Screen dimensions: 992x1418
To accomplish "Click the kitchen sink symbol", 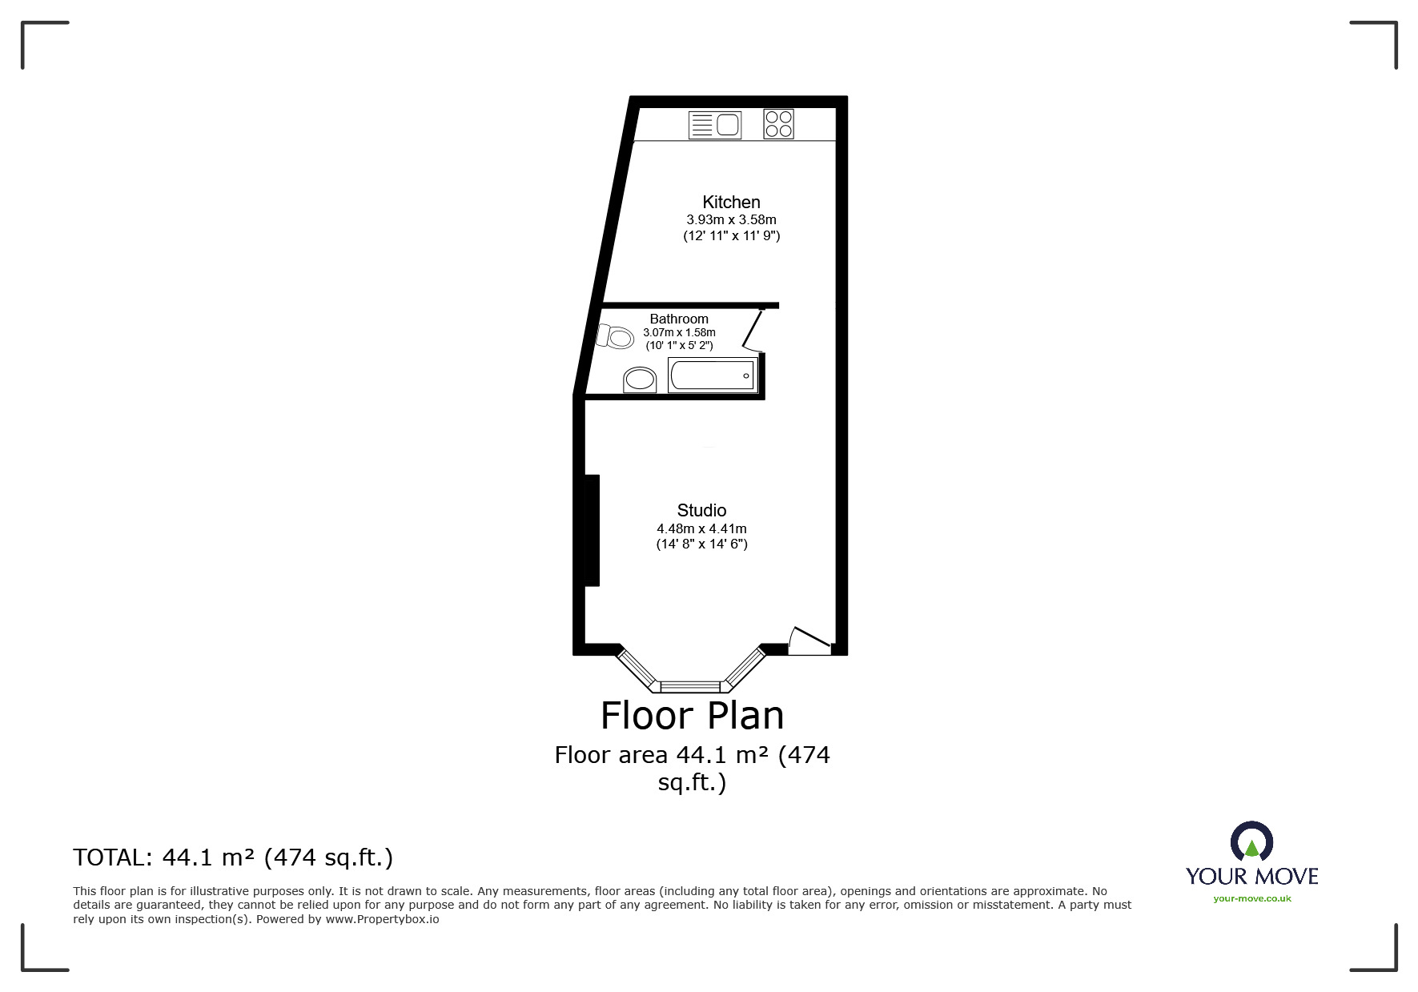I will pyautogui.click(x=715, y=125).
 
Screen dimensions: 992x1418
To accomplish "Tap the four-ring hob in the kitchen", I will pyautogui.click(x=778, y=124).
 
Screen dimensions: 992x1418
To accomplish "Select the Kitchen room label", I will pyautogui.click(x=731, y=202).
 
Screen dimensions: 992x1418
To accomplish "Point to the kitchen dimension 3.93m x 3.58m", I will pyautogui.click(x=731, y=219).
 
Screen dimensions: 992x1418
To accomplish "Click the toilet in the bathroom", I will pyautogui.click(x=615, y=335).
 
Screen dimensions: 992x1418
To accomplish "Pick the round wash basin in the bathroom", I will pyautogui.click(x=640, y=379).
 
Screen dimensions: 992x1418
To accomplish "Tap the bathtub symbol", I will pyautogui.click(x=712, y=375).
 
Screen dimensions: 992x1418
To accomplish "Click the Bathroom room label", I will pyautogui.click(x=679, y=319).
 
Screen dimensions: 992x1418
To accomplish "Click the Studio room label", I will pyautogui.click(x=701, y=510).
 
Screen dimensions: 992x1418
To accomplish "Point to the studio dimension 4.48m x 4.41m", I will pyautogui.click(x=701, y=528).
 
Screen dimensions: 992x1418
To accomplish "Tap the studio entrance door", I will pyautogui.click(x=809, y=641).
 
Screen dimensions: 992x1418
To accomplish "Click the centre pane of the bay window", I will pyautogui.click(x=690, y=686).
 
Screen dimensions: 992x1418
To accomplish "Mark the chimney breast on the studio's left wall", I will pyautogui.click(x=593, y=530).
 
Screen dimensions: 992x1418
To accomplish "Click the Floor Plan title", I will pyautogui.click(x=692, y=715).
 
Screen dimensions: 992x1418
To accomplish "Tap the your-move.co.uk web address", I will pyautogui.click(x=1251, y=898).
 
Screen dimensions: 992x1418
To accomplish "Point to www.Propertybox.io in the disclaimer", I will pyautogui.click(x=382, y=919).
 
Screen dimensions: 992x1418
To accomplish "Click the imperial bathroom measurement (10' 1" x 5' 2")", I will pyautogui.click(x=679, y=345).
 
